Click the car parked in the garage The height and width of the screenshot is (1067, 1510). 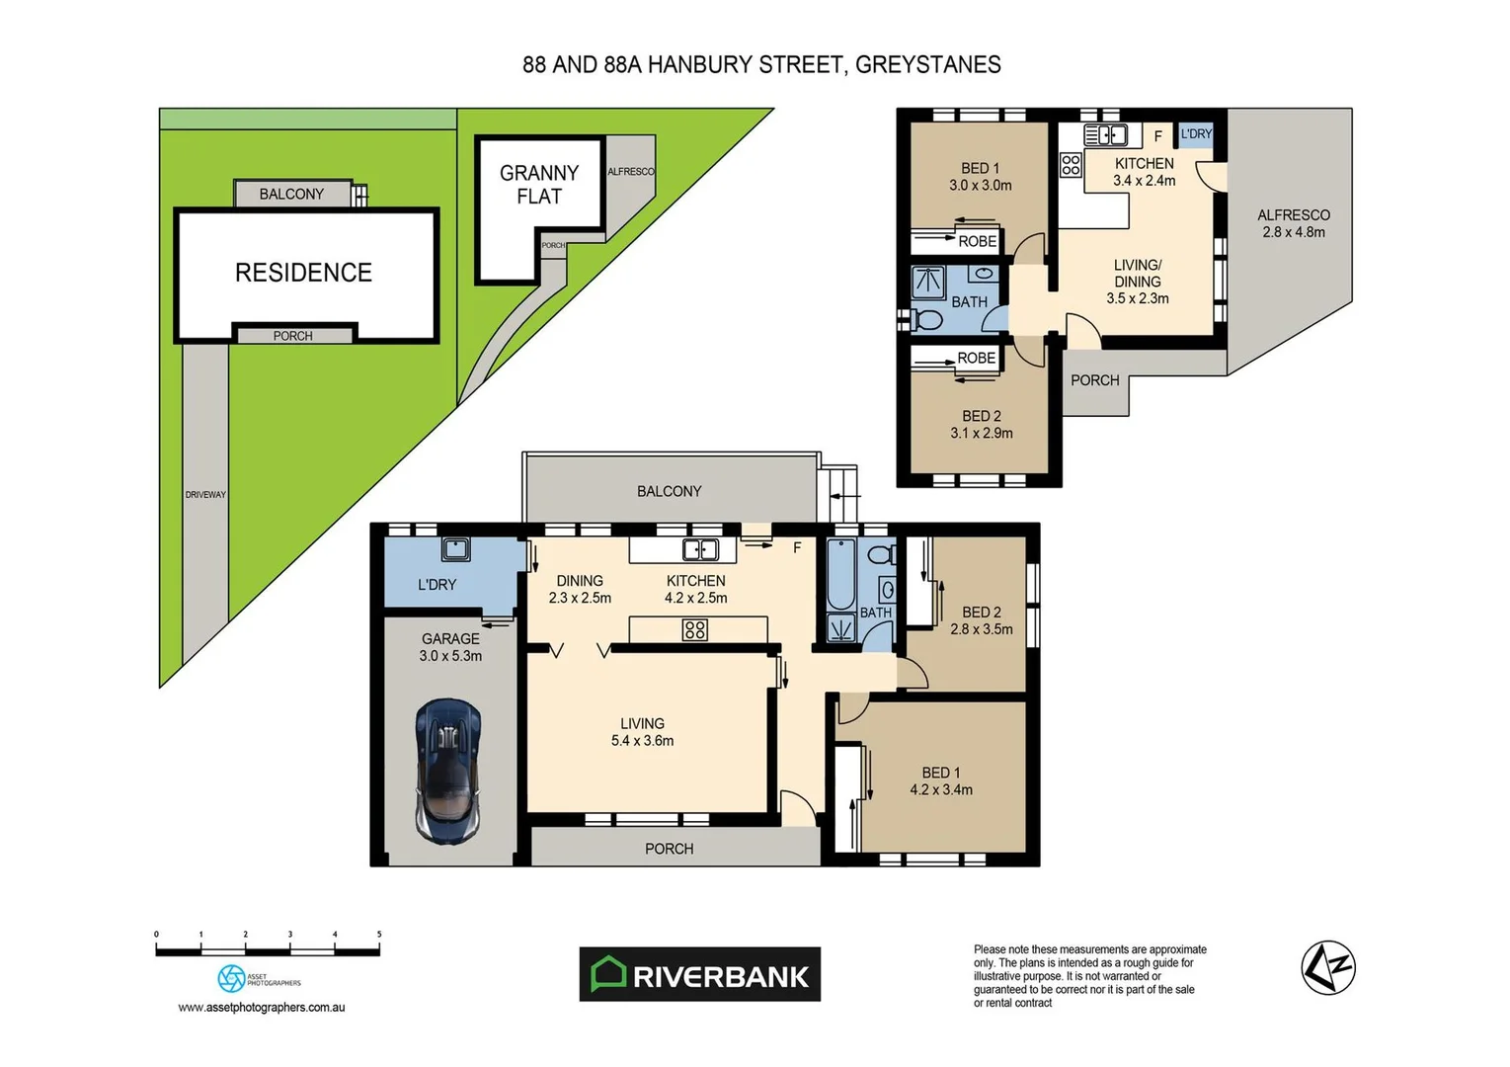[x=448, y=771]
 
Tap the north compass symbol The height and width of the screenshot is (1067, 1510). [x=1327, y=967]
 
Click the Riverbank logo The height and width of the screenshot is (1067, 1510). [x=699, y=975]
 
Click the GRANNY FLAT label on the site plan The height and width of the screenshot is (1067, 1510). [x=539, y=185]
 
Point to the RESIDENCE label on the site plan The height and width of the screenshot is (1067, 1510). [x=303, y=273]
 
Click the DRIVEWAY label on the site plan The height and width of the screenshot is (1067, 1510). [x=205, y=494]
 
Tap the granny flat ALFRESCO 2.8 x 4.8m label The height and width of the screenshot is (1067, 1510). [x=1293, y=223]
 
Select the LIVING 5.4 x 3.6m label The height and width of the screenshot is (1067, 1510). [x=642, y=732]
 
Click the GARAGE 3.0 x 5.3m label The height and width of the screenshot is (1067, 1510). [x=450, y=647]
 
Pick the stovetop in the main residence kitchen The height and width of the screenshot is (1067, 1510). [x=694, y=629]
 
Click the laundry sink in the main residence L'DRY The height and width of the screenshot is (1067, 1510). [x=455, y=548]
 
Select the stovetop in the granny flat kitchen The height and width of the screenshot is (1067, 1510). [x=1071, y=165]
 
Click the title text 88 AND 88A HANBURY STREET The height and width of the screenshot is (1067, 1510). [x=761, y=65]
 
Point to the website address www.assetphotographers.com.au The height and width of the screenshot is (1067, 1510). [x=261, y=1008]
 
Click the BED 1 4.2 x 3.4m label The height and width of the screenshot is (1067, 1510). [x=940, y=781]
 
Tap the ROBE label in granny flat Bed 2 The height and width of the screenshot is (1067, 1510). [x=976, y=359]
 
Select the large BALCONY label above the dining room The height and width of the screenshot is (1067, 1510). [x=669, y=491]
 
